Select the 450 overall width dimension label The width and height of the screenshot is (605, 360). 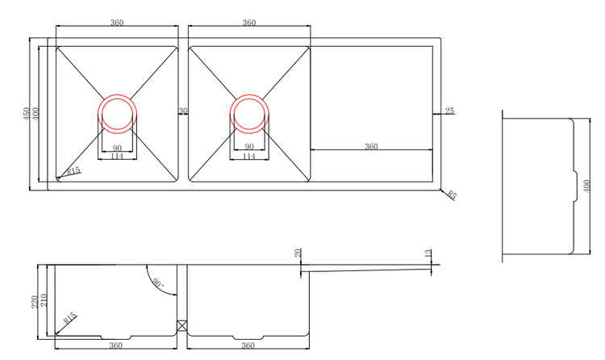[26, 114]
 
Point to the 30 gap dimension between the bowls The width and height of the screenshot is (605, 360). [183, 111]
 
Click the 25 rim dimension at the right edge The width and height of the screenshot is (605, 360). [449, 111]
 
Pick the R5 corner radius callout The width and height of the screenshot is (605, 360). [452, 195]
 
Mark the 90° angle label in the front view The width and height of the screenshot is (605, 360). [156, 283]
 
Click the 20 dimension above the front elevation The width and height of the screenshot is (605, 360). [298, 253]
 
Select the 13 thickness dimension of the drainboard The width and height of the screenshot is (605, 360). [428, 254]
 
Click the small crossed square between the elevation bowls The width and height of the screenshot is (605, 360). [182, 327]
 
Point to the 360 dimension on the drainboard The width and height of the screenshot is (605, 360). [371, 146]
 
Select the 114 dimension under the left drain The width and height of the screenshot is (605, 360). [117, 157]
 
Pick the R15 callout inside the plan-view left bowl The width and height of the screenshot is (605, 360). [73, 170]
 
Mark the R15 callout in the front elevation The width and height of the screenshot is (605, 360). [71, 318]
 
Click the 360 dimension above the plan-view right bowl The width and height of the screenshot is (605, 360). [249, 23]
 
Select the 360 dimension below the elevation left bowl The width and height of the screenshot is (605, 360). [115, 345]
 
